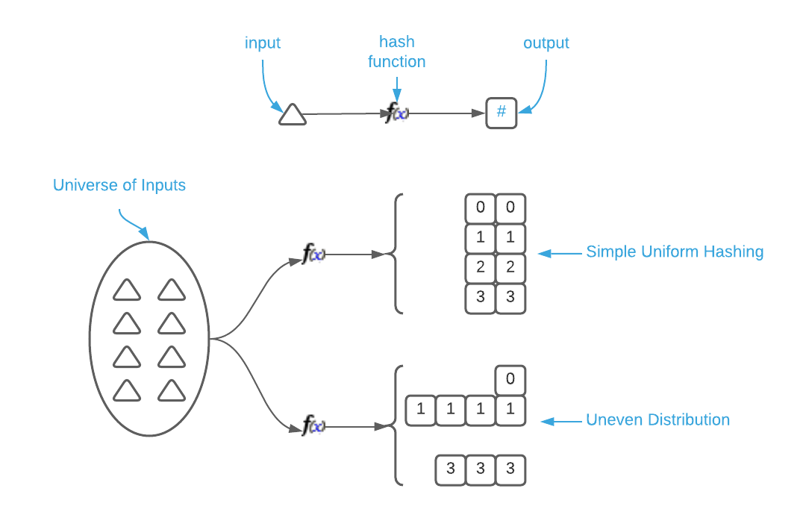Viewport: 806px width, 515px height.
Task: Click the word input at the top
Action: coord(263,43)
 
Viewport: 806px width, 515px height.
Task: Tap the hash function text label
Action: coord(397,51)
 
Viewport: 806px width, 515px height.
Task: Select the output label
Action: coord(546,43)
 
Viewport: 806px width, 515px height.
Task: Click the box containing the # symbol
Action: coord(502,113)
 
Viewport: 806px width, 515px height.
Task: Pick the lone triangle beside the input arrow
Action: coord(293,114)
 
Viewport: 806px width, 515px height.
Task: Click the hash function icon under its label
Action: coord(401,114)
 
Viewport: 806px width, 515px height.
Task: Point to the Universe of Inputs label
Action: coord(119,185)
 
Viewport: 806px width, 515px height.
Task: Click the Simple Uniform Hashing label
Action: coord(675,252)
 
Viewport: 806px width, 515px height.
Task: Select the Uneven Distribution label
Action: coord(657,419)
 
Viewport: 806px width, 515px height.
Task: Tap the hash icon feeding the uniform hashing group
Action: coord(317,255)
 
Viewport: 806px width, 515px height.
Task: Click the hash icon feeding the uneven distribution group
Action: coord(317,428)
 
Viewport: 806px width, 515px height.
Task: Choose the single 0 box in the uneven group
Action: coord(510,379)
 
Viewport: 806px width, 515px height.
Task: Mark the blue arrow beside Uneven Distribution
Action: coord(560,422)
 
